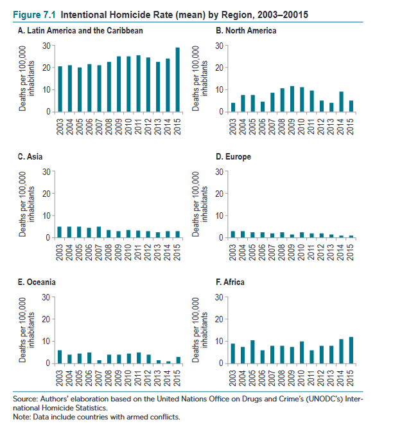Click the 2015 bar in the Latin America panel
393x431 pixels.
[178, 80]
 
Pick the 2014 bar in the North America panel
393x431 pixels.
[341, 102]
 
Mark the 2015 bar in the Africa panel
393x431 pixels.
[351, 350]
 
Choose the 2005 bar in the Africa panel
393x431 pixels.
[253, 352]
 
